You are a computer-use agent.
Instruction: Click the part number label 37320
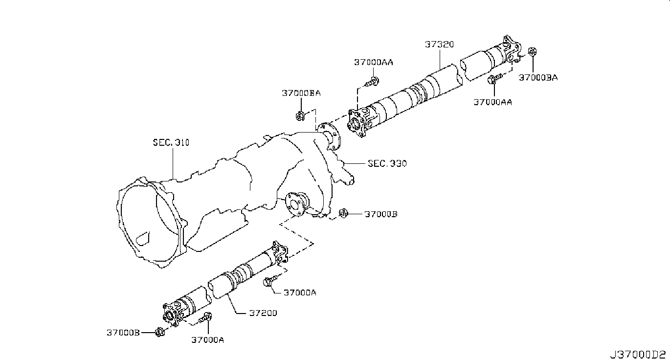coord(439,45)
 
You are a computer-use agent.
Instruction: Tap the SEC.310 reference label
coord(171,142)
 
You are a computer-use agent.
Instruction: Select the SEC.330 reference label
coord(387,163)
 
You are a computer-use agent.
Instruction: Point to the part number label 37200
coord(263,313)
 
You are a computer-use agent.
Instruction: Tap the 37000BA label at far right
coord(538,78)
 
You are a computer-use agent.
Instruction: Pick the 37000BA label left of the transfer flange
coord(301,93)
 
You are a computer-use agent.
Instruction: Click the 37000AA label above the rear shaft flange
coord(374,62)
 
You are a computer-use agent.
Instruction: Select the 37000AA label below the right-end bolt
coord(492,102)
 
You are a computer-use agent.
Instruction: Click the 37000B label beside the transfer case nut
coord(381,214)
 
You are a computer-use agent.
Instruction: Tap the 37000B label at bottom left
coord(123,333)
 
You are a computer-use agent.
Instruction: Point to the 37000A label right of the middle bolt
coord(300,292)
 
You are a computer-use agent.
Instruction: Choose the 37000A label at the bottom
coord(207,340)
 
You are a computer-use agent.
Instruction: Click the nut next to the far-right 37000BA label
coord(532,51)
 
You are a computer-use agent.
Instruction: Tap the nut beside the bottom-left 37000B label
coord(159,332)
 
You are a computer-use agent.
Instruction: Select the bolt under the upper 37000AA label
coord(372,81)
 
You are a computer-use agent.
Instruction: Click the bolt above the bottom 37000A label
coord(205,317)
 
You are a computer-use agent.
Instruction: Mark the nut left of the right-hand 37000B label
coord(343,213)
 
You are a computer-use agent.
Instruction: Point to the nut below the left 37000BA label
coord(300,115)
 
